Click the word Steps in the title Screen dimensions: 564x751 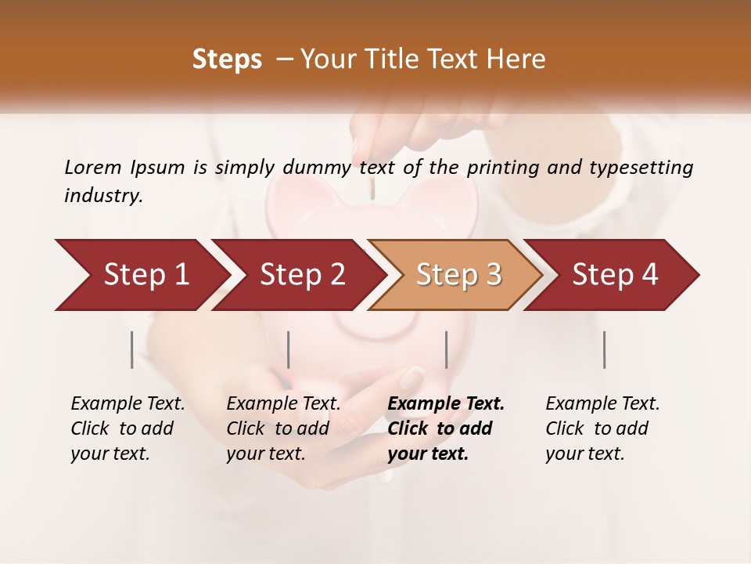click(227, 60)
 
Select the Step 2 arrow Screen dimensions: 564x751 click(297, 275)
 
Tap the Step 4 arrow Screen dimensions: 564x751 click(613, 275)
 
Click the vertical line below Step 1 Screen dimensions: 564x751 click(132, 349)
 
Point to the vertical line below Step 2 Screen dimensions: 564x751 click(289, 349)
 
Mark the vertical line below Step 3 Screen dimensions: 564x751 click(447, 349)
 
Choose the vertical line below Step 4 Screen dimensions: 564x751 click(605, 349)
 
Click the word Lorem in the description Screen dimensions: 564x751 click(93, 167)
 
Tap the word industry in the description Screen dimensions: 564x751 click(102, 196)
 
